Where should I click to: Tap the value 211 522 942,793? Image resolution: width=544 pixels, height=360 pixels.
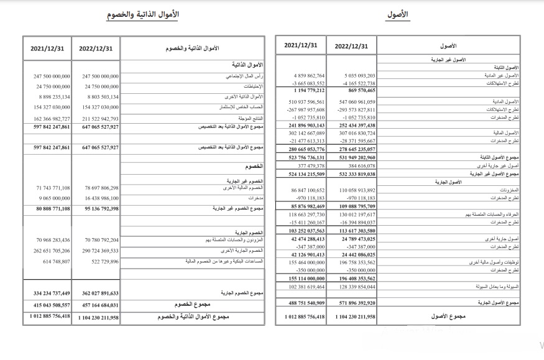click(x=96, y=118)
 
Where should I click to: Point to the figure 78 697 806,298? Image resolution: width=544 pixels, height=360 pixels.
click(x=96, y=187)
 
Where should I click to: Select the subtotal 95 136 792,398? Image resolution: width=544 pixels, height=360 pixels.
click(x=96, y=209)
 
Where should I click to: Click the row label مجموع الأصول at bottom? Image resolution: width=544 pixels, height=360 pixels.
click(x=449, y=316)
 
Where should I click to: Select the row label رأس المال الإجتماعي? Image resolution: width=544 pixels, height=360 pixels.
click(x=244, y=76)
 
